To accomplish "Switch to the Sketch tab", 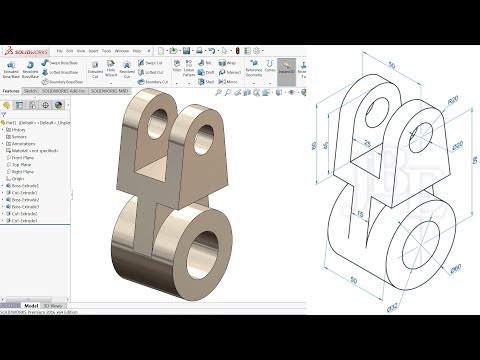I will pos(31,90).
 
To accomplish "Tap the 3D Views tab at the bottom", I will pos(57,304).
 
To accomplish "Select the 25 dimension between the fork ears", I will pos(368,144).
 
